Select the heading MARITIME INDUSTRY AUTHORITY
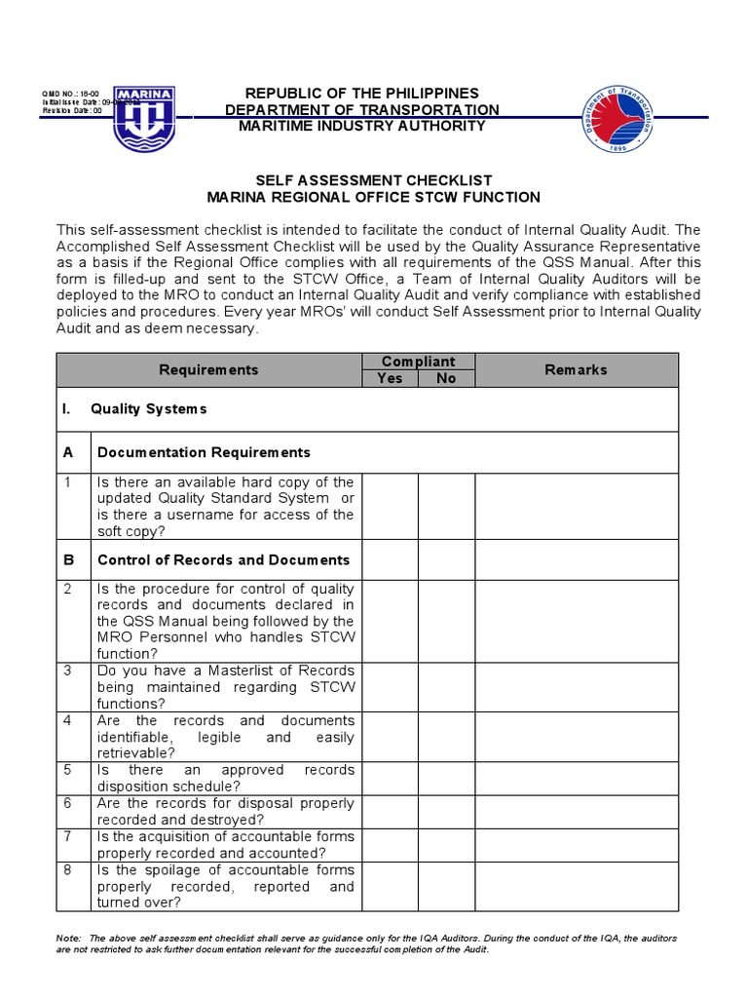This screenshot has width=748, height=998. pyautogui.click(x=361, y=126)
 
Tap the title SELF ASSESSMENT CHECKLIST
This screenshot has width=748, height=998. pyautogui.click(x=373, y=180)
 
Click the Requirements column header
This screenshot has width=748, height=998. pyautogui.click(x=208, y=369)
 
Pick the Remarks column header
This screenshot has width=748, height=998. pyautogui.click(x=576, y=369)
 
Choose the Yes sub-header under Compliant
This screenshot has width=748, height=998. pyautogui.click(x=390, y=378)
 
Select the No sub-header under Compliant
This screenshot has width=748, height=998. pyautogui.click(x=446, y=378)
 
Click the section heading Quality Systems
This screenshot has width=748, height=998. pyautogui.click(x=148, y=408)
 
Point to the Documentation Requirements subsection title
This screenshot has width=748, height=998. pyautogui.click(x=204, y=452)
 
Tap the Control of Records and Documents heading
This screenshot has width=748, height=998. pyautogui.click(x=223, y=559)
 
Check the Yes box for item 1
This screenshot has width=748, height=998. pyautogui.click(x=390, y=507)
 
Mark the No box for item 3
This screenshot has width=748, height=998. pyautogui.click(x=446, y=687)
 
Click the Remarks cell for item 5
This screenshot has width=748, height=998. pyautogui.click(x=576, y=778)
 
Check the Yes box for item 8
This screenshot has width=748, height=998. pyautogui.click(x=390, y=886)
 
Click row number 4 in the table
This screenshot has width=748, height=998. pyautogui.click(x=68, y=721)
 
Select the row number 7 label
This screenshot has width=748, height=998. pyautogui.click(x=68, y=837)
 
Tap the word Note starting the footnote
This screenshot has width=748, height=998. pyautogui.click(x=68, y=938)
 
